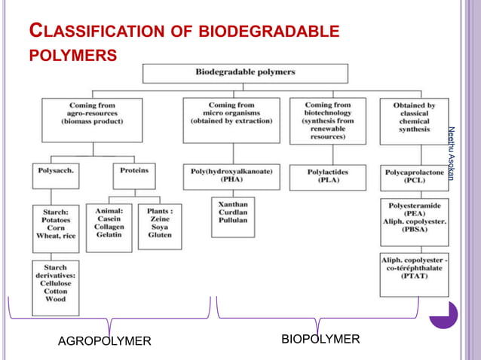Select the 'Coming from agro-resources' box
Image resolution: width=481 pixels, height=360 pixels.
point(91,119)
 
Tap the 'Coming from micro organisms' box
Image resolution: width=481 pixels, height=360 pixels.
point(231,119)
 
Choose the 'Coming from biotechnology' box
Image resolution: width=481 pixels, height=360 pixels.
point(328,119)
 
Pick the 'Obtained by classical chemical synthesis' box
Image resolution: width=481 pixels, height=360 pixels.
point(414,119)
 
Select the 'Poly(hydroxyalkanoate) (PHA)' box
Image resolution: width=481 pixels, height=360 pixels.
point(231,176)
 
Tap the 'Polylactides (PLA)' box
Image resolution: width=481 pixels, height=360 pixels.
point(328,176)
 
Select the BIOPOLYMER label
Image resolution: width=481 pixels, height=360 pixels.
point(320,339)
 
